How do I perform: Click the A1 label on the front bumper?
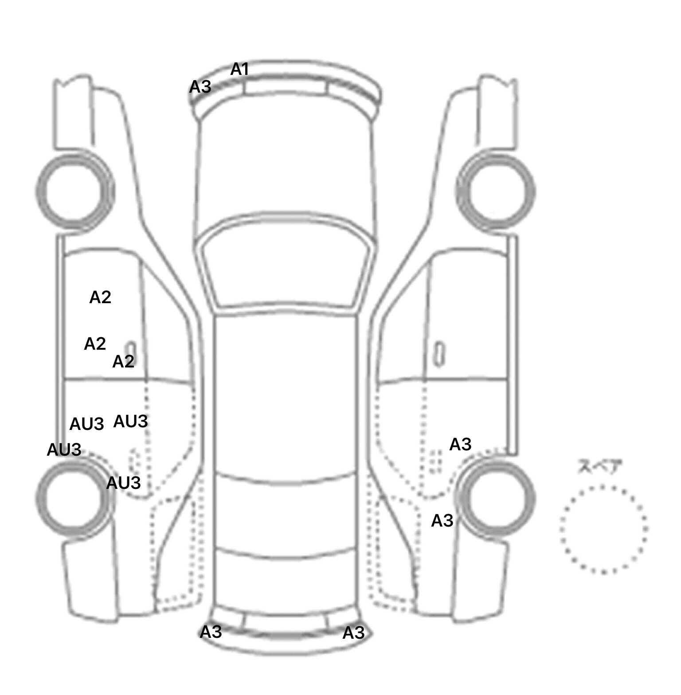click(239, 69)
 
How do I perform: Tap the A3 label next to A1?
click(200, 87)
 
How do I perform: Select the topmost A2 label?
click(100, 297)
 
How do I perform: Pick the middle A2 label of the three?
click(95, 344)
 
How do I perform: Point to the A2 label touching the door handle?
click(123, 362)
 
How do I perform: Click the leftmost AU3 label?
click(64, 450)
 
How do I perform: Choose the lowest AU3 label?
click(124, 483)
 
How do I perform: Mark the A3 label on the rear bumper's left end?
click(211, 632)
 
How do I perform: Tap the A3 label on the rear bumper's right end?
click(353, 633)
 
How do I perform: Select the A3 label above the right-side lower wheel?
click(460, 444)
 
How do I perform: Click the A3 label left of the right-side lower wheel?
click(442, 520)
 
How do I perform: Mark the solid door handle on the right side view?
click(439, 355)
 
